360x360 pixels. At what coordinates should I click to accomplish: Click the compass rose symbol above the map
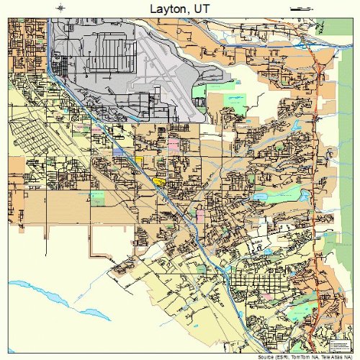pyautogui.click(x=60, y=8)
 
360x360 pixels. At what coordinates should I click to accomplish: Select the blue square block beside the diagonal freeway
pyautogui.click(x=118, y=152)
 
